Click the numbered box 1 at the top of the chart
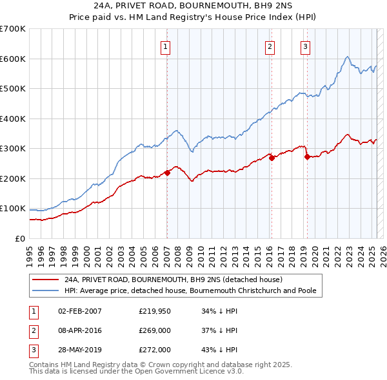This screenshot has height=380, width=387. click(166, 46)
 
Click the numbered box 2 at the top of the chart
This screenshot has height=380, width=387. click(269, 46)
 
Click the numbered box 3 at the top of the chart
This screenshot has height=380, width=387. click(304, 46)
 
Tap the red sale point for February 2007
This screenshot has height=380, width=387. click(167, 172)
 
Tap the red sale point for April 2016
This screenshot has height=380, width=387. click(272, 157)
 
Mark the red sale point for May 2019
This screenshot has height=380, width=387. click(306, 157)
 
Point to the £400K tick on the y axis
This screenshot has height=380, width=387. click(12, 119)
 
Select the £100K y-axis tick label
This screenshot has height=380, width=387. click(12, 208)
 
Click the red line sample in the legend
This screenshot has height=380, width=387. click(45, 280)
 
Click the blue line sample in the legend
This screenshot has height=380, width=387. click(45, 290)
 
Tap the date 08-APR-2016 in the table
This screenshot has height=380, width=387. click(80, 330)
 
